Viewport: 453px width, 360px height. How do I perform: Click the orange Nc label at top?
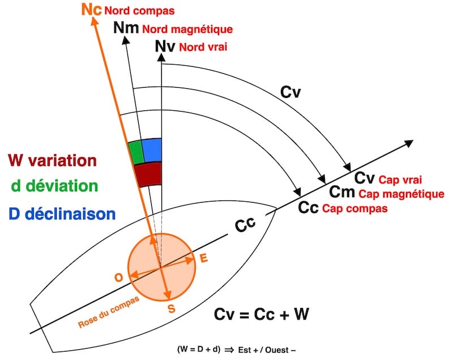tap(92, 10)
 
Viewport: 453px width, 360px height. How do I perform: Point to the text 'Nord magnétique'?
tap(187, 29)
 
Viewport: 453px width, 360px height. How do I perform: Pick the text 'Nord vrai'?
tap(203, 47)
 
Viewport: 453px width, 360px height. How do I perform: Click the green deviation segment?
tap(135, 152)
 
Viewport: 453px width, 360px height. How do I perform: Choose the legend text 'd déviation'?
tap(54, 186)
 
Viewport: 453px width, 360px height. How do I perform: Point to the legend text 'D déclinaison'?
tap(63, 213)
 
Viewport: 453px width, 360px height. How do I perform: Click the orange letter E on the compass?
tap(204, 258)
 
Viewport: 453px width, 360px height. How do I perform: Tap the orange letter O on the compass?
tap(118, 277)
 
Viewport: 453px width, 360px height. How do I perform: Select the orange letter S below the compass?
tap(172, 308)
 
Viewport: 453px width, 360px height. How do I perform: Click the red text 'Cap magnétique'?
tap(402, 194)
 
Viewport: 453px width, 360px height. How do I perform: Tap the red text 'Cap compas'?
tap(355, 208)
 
